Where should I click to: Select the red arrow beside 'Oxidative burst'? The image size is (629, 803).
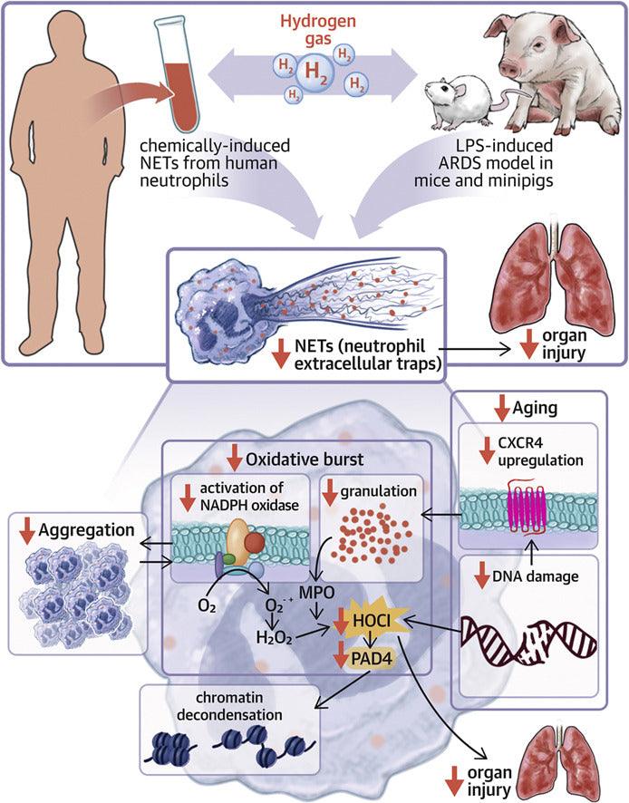pyautogui.click(x=237, y=451)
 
